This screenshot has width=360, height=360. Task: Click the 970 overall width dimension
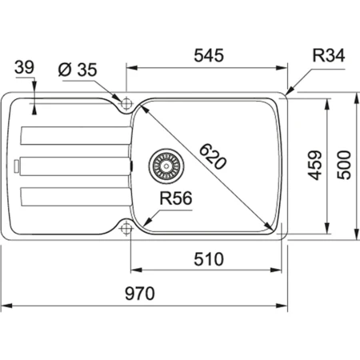pos(146,293)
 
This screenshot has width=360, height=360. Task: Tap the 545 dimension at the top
pos(208,55)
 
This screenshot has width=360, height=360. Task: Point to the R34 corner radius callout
pos(327,55)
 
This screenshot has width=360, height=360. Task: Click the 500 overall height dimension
pos(345,164)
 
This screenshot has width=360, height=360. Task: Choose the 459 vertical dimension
pos(314,164)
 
